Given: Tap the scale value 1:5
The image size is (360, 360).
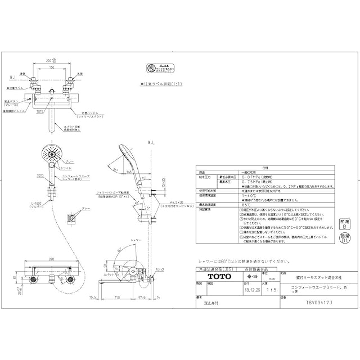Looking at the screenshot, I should [272, 290].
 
